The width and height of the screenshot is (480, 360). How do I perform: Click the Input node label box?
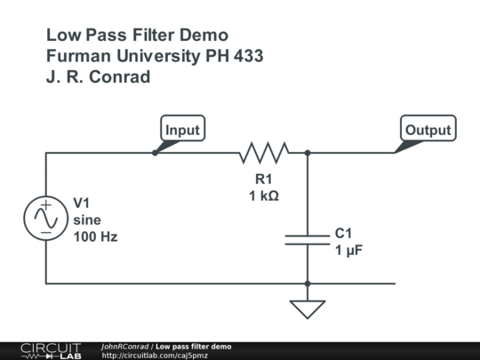183,128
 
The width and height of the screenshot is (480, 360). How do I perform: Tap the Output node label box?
428,128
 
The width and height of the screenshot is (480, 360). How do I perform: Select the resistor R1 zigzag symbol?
264,153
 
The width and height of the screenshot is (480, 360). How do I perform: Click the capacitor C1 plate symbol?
308,240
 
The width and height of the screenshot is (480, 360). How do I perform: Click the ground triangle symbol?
308,309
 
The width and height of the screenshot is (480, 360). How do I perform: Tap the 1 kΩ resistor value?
264,196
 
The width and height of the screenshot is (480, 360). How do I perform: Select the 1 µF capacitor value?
349,251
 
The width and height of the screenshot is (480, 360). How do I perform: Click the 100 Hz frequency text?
95,237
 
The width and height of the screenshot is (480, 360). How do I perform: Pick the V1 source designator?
82,203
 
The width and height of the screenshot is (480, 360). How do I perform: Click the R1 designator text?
264,179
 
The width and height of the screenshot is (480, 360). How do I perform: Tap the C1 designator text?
343,234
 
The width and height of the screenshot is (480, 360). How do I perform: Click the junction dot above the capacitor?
308,153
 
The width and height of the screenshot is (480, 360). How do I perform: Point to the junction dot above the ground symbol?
308,284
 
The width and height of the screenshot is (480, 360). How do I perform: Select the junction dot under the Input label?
155,153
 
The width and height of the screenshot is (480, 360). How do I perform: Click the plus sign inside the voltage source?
46,204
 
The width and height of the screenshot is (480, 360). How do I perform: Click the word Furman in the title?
78,56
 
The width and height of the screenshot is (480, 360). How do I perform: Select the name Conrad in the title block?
120,76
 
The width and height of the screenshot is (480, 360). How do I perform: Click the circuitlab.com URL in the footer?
155,356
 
